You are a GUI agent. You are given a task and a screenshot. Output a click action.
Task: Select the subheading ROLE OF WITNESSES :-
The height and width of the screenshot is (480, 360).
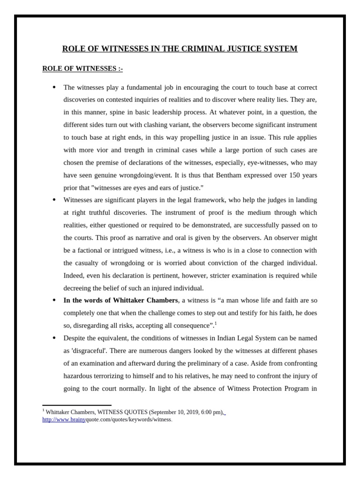point(82,68)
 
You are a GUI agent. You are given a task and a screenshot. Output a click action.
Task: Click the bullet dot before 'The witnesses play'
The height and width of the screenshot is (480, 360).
point(54,87)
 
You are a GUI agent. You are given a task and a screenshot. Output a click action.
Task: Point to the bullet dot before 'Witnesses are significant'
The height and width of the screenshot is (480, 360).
point(54,200)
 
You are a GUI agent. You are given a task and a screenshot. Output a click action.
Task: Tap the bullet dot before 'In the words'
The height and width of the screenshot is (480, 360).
point(54,300)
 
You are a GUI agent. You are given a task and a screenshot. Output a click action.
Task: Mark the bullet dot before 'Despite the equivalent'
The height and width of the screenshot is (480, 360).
point(54,338)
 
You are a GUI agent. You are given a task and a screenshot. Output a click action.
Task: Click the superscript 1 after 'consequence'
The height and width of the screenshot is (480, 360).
point(216,323)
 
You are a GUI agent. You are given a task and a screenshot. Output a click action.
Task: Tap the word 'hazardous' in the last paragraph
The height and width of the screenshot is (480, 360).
point(79,375)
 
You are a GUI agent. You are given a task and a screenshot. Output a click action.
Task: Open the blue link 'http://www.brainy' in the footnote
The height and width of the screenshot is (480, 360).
point(64,420)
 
